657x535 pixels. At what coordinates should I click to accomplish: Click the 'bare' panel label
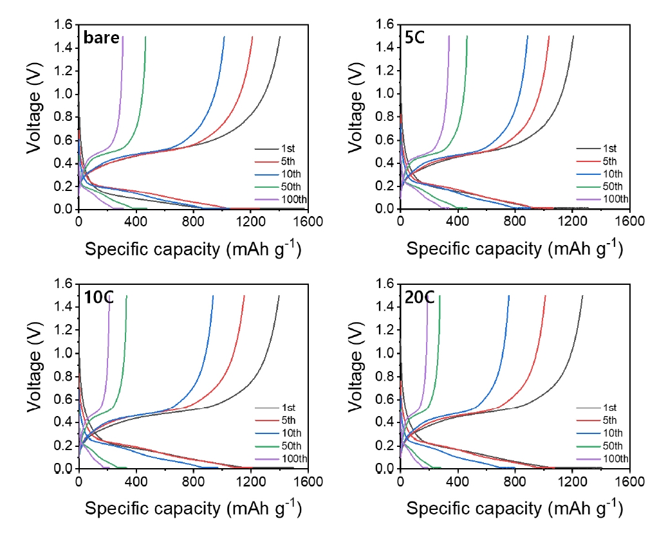pos(102,38)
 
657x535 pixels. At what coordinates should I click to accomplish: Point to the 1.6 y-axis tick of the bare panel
pos(65,24)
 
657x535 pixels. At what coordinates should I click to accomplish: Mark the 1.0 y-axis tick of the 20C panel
pos(387,353)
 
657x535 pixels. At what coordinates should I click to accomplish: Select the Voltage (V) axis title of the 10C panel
pos(36,376)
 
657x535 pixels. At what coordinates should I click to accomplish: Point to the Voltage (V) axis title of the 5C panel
pos(358,116)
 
